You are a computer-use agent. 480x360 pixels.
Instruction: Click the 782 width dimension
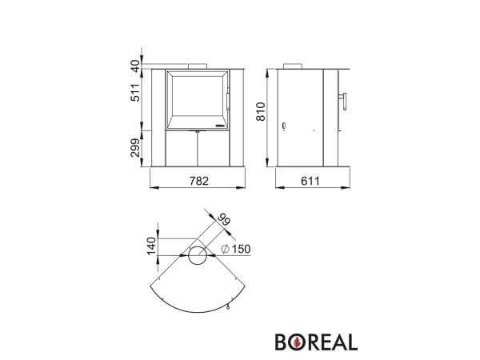tap(199, 181)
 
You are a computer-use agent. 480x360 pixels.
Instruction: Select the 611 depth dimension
tap(310, 181)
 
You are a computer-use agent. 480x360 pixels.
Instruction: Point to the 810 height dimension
tap(261, 112)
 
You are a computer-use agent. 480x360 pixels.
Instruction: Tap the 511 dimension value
tap(135, 92)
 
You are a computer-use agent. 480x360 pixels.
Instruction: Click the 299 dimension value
tap(135, 147)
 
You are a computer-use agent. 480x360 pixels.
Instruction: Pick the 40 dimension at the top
tap(135, 66)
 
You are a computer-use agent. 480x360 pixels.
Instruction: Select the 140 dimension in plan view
tap(151, 246)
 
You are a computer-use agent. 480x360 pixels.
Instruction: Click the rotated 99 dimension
tap(224, 220)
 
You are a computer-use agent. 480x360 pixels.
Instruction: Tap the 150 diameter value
tap(241, 249)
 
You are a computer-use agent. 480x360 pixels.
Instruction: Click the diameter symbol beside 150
tap(225, 249)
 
